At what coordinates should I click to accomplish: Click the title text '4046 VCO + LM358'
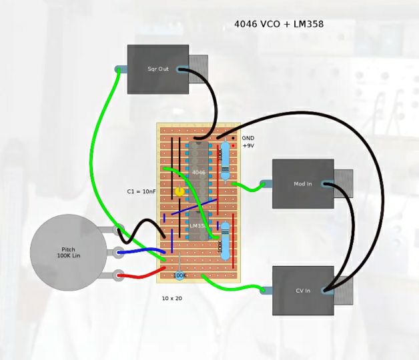[278, 24]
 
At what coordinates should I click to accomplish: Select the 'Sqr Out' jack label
[158, 69]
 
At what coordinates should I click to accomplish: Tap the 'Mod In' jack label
[303, 184]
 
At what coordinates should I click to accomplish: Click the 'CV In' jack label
[303, 291]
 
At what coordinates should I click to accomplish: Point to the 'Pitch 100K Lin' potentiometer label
[68, 253]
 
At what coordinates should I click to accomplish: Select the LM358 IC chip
[198, 226]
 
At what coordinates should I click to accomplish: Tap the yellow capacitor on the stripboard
[179, 191]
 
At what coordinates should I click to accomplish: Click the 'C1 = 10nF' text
[141, 191]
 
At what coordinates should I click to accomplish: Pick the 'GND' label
[248, 138]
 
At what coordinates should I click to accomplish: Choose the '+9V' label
[248, 145]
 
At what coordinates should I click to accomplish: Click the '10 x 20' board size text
[172, 298]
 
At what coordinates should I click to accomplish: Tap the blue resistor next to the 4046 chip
[225, 161]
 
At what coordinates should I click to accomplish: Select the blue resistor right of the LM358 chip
[225, 241]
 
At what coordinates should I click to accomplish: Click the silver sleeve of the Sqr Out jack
[198, 69]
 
